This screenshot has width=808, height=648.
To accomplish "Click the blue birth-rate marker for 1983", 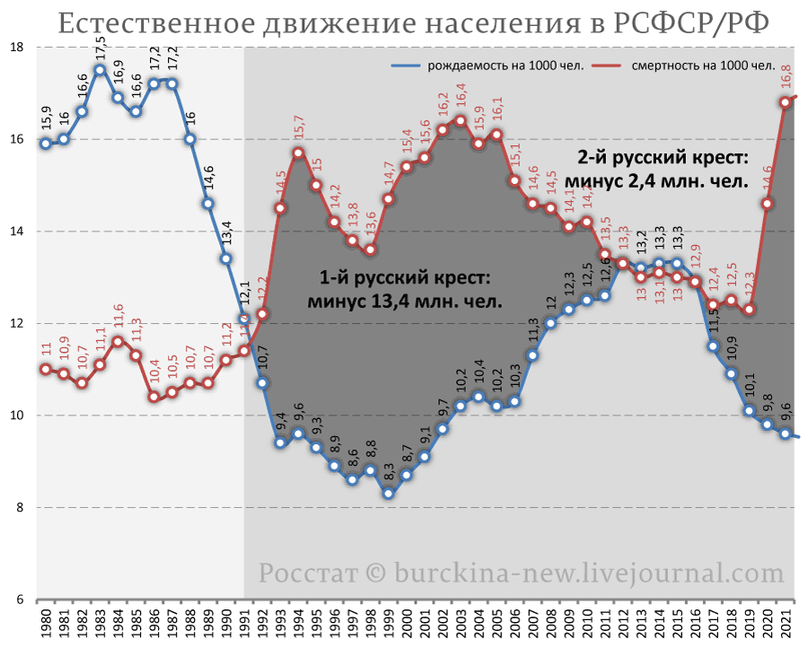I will (x=100, y=70).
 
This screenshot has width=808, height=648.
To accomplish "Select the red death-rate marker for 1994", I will (x=298, y=153).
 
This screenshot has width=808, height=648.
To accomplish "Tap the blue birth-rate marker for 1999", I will (x=388, y=494).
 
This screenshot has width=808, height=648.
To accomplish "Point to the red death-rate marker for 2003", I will (x=461, y=120).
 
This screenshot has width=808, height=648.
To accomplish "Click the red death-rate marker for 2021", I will (x=786, y=102).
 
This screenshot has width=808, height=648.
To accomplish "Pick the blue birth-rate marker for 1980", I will (x=46, y=144).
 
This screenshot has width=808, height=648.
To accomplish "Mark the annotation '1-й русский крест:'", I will (x=405, y=276).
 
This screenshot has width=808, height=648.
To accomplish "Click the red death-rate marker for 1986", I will (x=154, y=397).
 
